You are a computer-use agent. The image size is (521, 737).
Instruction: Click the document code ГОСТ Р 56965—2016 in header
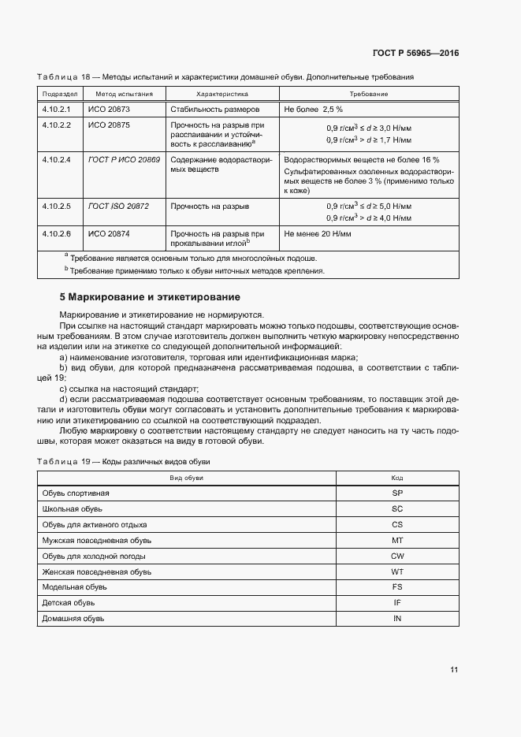coord(415,54)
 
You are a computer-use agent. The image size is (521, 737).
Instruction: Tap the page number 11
coord(454,670)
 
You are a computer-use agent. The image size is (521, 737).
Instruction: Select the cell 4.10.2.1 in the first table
coord(57,109)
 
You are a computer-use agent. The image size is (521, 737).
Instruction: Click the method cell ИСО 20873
coord(109,109)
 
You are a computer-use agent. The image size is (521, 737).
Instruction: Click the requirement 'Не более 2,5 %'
coord(313,109)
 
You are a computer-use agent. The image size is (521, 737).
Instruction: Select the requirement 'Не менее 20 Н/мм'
coord(318,234)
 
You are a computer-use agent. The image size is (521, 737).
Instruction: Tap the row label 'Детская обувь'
coord(69,603)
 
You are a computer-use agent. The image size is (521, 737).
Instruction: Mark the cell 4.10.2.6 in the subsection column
coord(57,234)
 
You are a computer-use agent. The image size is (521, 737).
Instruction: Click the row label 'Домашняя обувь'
coord(73,619)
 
